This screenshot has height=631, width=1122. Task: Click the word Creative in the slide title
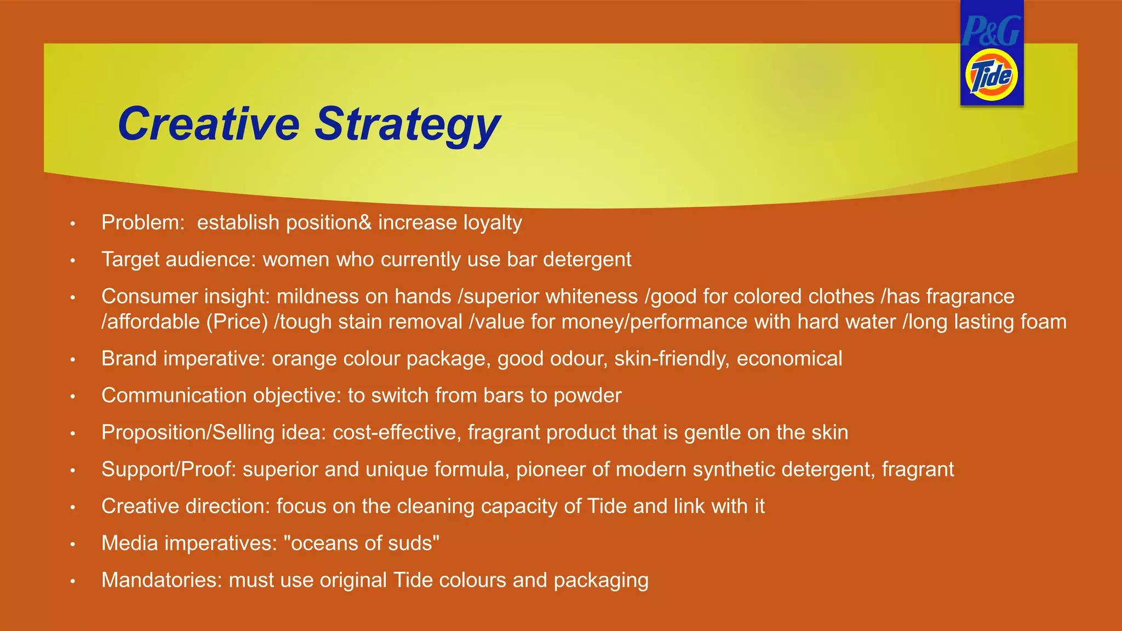point(209,124)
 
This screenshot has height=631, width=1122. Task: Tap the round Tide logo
point(991,76)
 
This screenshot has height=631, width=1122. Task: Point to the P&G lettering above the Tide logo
point(991,31)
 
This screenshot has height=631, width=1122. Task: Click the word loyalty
point(493,223)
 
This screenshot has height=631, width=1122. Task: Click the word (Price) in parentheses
point(237,322)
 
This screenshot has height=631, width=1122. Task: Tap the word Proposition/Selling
point(188,433)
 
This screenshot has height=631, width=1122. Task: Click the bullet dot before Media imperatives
point(72,544)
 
